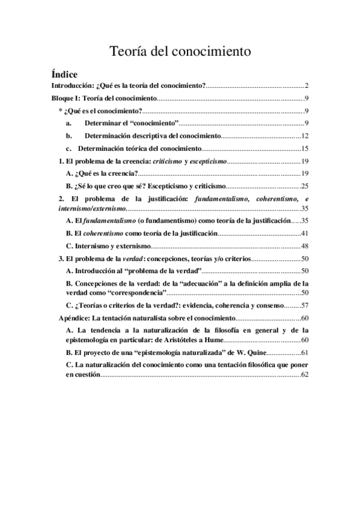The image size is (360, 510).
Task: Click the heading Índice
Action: (64, 75)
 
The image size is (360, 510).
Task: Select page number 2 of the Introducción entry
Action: (307, 87)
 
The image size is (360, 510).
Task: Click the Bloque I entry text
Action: (105, 98)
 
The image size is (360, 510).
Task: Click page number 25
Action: (305, 186)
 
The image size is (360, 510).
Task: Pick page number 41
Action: (305, 233)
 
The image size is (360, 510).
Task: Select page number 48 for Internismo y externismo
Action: (305, 245)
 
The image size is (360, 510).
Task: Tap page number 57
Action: (305, 305)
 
